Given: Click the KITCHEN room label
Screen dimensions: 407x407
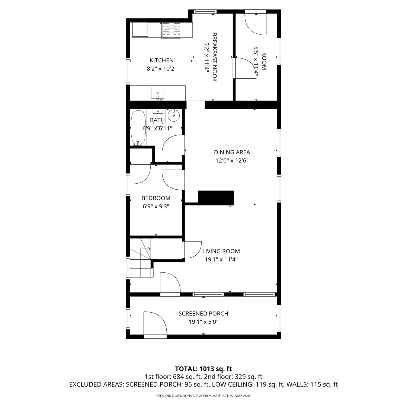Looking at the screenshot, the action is click(162, 60).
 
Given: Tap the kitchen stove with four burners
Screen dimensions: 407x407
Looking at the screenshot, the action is click(171, 31).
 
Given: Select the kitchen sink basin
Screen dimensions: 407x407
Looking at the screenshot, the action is click(158, 93).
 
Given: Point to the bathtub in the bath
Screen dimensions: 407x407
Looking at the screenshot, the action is click(139, 128).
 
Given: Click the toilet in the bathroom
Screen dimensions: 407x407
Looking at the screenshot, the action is click(158, 117).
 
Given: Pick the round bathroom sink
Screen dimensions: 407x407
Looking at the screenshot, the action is click(174, 116).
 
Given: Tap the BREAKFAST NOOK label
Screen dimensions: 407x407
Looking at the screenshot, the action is click(215, 57).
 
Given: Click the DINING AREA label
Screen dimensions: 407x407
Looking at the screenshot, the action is click(232, 152).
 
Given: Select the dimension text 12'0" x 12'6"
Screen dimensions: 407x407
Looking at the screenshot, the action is click(232, 160).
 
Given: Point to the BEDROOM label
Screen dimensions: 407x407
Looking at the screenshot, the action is click(156, 198).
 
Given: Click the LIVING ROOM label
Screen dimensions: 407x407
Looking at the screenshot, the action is click(221, 251).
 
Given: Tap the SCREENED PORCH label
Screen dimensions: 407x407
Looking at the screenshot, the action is click(203, 314).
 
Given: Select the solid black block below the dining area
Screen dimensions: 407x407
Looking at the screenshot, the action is click(216, 198).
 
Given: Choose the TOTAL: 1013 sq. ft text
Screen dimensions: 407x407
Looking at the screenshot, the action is click(203, 369).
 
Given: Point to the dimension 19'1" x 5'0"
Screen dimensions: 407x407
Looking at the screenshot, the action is click(203, 322).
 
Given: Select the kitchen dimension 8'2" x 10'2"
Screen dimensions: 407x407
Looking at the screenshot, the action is click(162, 69).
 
